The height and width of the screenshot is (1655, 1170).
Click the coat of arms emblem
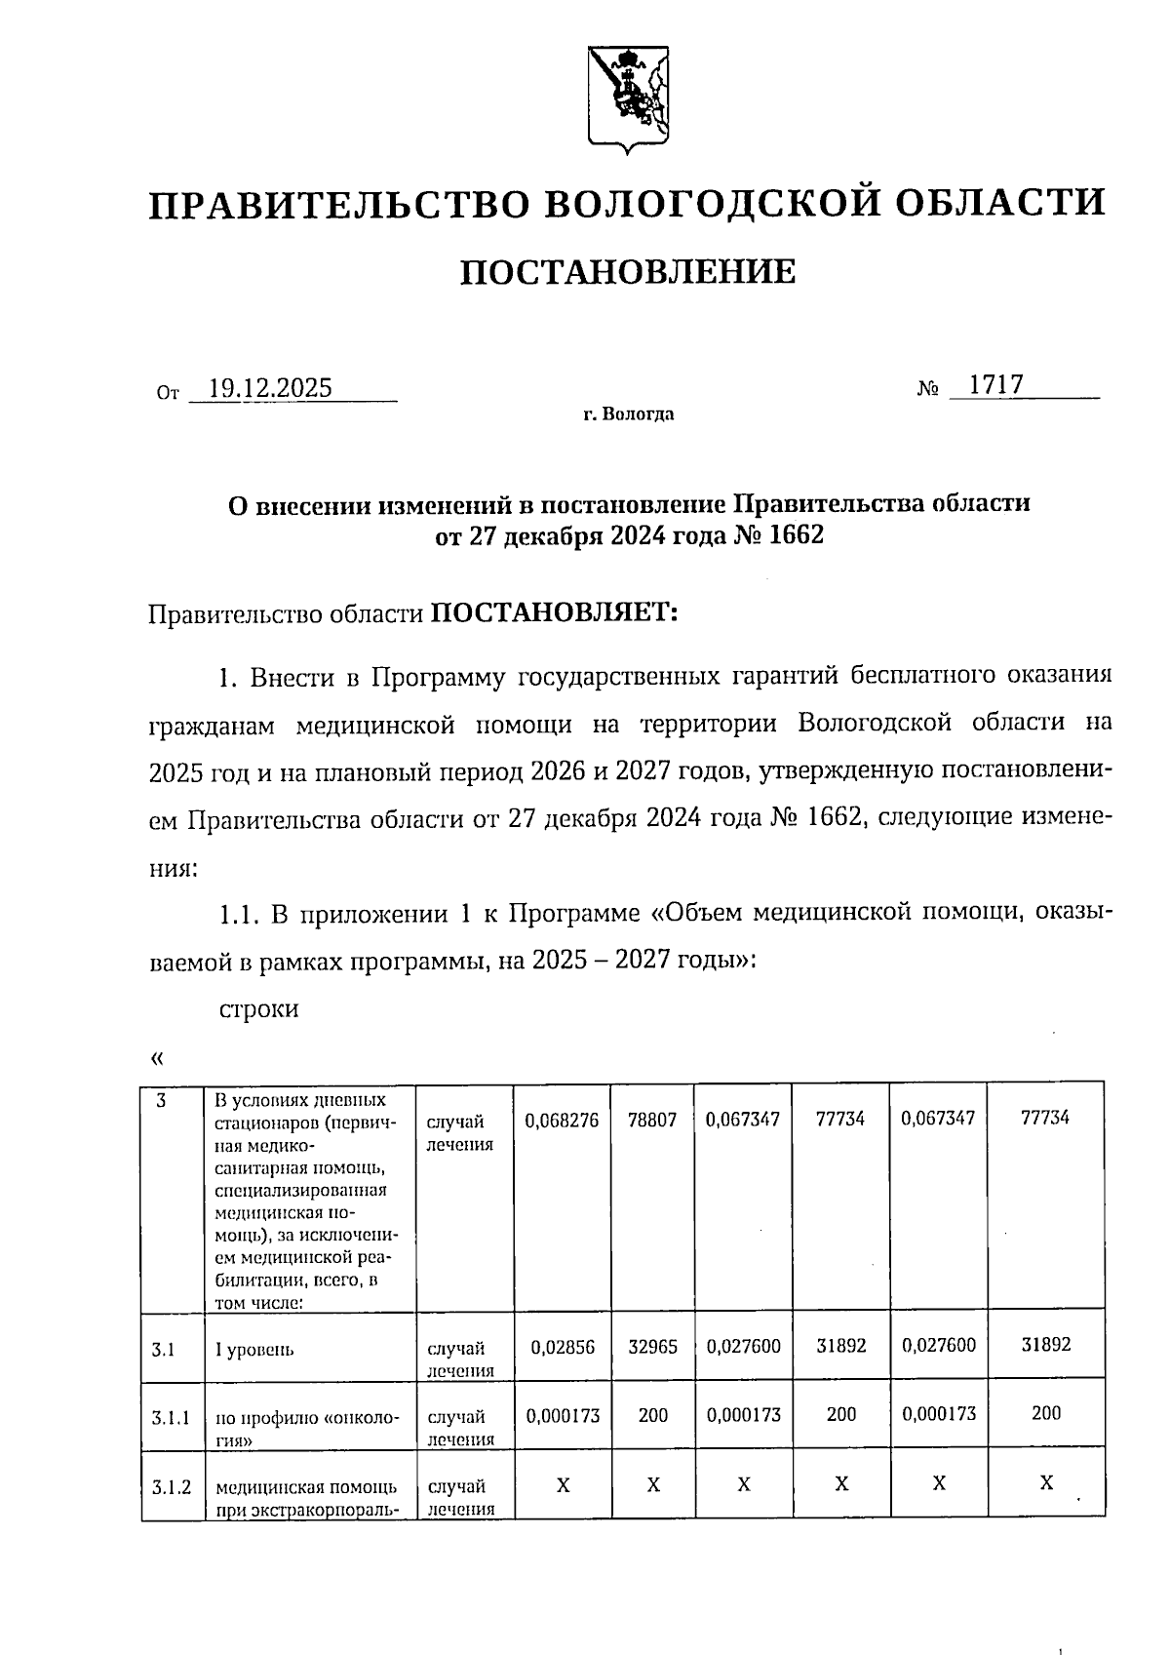[x=629, y=99]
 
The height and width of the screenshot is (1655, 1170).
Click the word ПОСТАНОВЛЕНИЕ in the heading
[x=627, y=272]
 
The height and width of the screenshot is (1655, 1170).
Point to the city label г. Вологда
[x=628, y=414]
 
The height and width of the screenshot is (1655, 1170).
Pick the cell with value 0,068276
[x=562, y=1121]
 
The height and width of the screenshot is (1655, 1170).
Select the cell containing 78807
[x=652, y=1121]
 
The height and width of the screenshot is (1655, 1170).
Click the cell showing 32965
[x=652, y=1346]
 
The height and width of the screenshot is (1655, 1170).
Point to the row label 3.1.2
[x=171, y=1487]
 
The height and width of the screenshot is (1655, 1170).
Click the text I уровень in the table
[x=254, y=1350]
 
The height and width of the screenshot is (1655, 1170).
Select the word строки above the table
[x=257, y=1008]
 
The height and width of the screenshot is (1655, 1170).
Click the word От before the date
[x=168, y=394]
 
